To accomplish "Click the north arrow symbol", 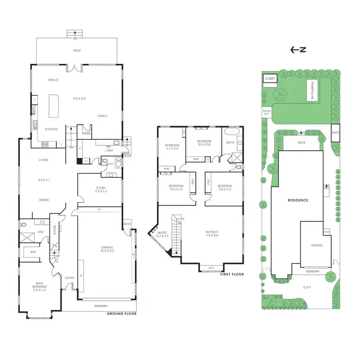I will (298, 49).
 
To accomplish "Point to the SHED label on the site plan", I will (336, 133).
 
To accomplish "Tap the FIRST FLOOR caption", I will (232, 275).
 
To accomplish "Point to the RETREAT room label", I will (212, 232).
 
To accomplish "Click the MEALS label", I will (53, 80).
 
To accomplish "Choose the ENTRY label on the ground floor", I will (69, 278).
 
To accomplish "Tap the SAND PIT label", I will (267, 112).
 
